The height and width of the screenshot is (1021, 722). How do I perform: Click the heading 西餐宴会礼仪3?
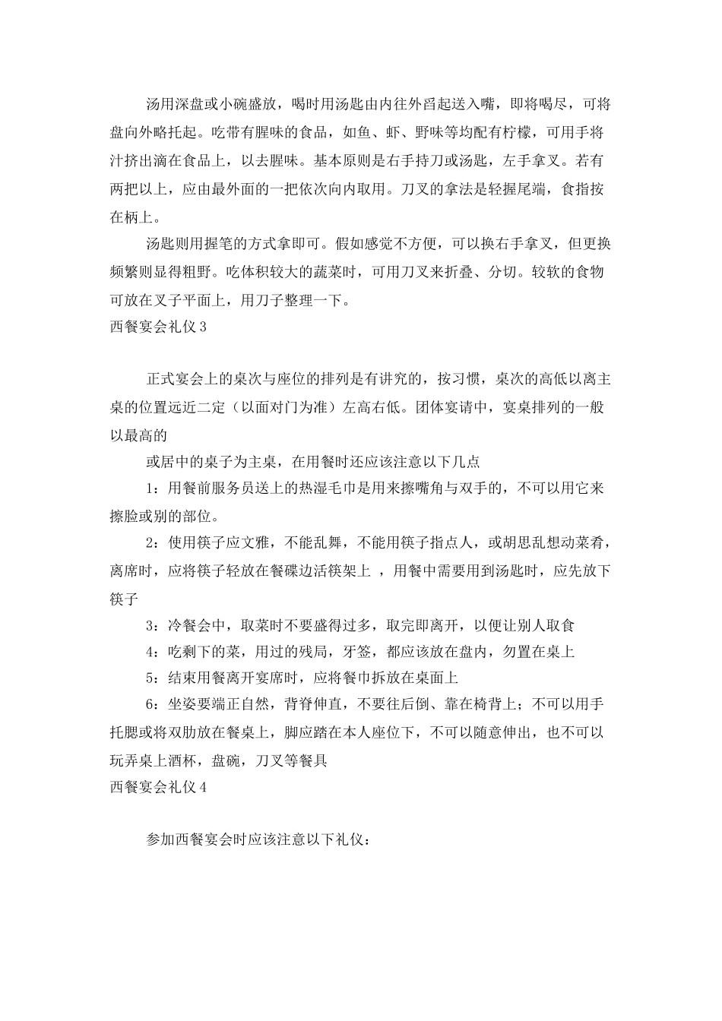coord(158,327)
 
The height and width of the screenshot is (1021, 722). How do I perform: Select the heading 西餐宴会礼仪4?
coord(158,787)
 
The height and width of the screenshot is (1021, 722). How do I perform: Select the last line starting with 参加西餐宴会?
coord(258,842)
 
